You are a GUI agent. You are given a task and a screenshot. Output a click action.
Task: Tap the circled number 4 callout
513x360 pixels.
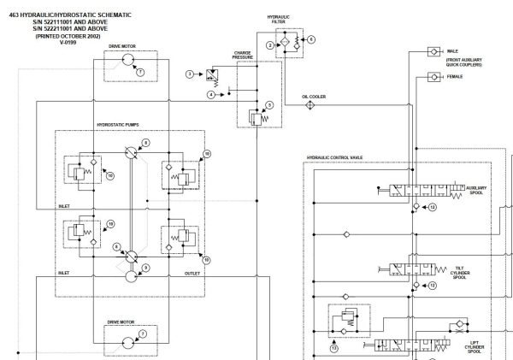point(211,94)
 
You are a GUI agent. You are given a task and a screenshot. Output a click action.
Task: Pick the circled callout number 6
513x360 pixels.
point(311,39)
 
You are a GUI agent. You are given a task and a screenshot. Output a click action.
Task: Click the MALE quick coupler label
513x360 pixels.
point(453,51)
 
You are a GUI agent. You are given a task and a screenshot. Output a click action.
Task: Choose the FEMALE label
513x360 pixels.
point(455,77)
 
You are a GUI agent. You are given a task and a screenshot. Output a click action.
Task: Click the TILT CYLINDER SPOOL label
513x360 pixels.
point(459,273)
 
